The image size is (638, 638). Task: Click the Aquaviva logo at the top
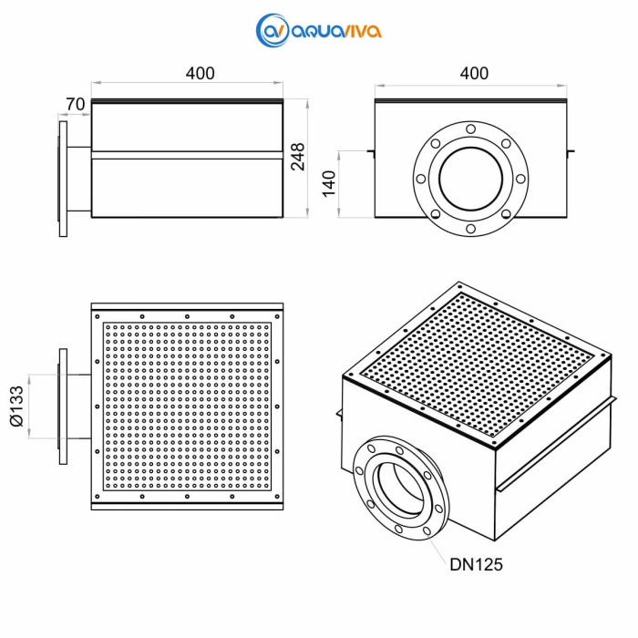(x=319, y=30)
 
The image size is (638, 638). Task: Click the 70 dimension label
(x=76, y=105)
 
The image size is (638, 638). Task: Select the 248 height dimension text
(x=297, y=157)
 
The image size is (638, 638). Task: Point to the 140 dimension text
(x=329, y=183)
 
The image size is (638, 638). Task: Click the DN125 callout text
(x=476, y=564)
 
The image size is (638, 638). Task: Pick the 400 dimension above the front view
(x=473, y=74)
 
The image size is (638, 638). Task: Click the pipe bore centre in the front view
(x=470, y=178)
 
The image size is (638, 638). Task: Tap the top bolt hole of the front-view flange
(x=470, y=129)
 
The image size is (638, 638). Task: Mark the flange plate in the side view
(x=63, y=178)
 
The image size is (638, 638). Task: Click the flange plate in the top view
(x=63, y=406)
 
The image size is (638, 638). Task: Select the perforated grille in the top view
(x=188, y=406)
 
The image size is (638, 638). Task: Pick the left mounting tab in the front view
(x=370, y=150)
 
